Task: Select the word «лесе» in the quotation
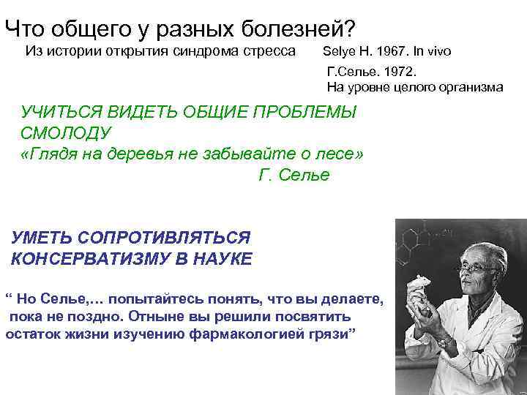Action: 337,154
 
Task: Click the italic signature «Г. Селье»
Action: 294,176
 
